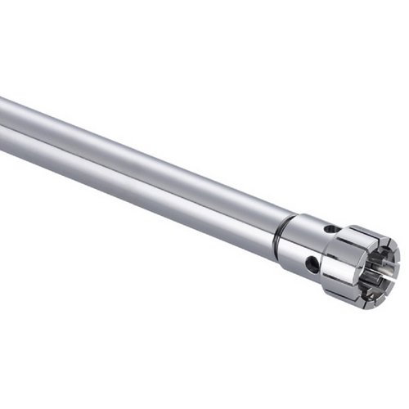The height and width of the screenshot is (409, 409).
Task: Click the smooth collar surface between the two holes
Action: (x=319, y=245)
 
